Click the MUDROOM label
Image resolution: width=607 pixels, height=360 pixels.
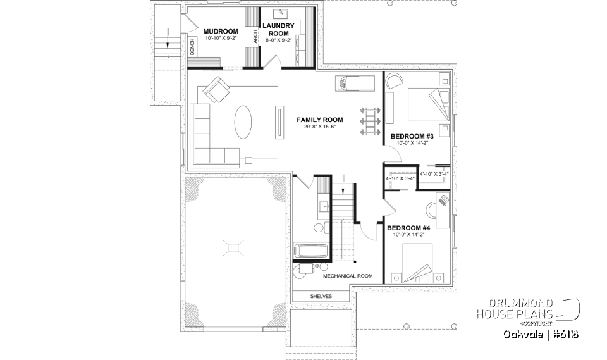(x=221, y=31)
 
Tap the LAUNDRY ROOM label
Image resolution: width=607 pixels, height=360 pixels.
(x=278, y=30)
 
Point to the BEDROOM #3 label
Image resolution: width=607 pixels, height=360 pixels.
(x=412, y=136)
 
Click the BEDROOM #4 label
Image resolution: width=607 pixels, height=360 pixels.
(x=408, y=228)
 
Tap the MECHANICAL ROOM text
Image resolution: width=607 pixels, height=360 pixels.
(x=348, y=276)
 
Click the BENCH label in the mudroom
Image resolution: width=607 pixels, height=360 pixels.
(x=192, y=47)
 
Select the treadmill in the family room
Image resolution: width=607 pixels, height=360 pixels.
(x=357, y=82)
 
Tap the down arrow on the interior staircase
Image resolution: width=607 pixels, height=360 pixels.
(x=343, y=188)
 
